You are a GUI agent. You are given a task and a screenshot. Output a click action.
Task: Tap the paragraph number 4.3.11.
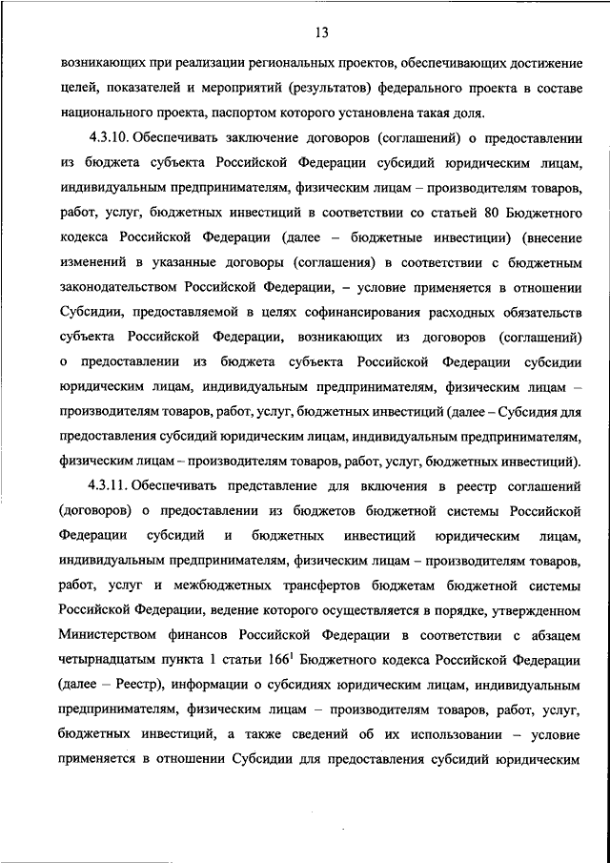[x=108, y=485]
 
